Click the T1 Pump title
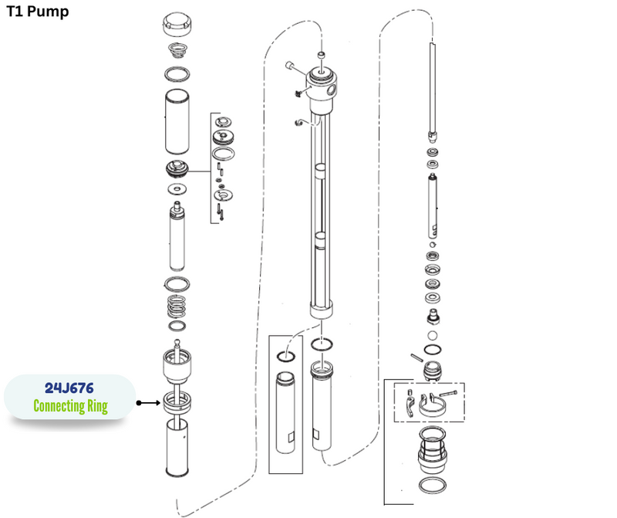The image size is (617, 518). (x=37, y=12)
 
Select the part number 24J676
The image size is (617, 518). (x=69, y=388)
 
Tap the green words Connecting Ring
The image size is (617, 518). (x=70, y=406)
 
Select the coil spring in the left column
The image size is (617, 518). (x=177, y=306)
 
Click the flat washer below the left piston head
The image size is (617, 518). (x=177, y=189)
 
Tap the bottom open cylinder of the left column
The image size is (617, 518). (x=177, y=448)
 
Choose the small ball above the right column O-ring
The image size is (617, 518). (x=432, y=336)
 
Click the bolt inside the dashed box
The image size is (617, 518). (x=449, y=393)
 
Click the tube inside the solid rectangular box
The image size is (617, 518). (x=285, y=412)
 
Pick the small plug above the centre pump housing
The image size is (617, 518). (x=322, y=55)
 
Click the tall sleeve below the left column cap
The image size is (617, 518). (x=177, y=122)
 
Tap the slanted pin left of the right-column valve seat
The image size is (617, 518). (x=416, y=357)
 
